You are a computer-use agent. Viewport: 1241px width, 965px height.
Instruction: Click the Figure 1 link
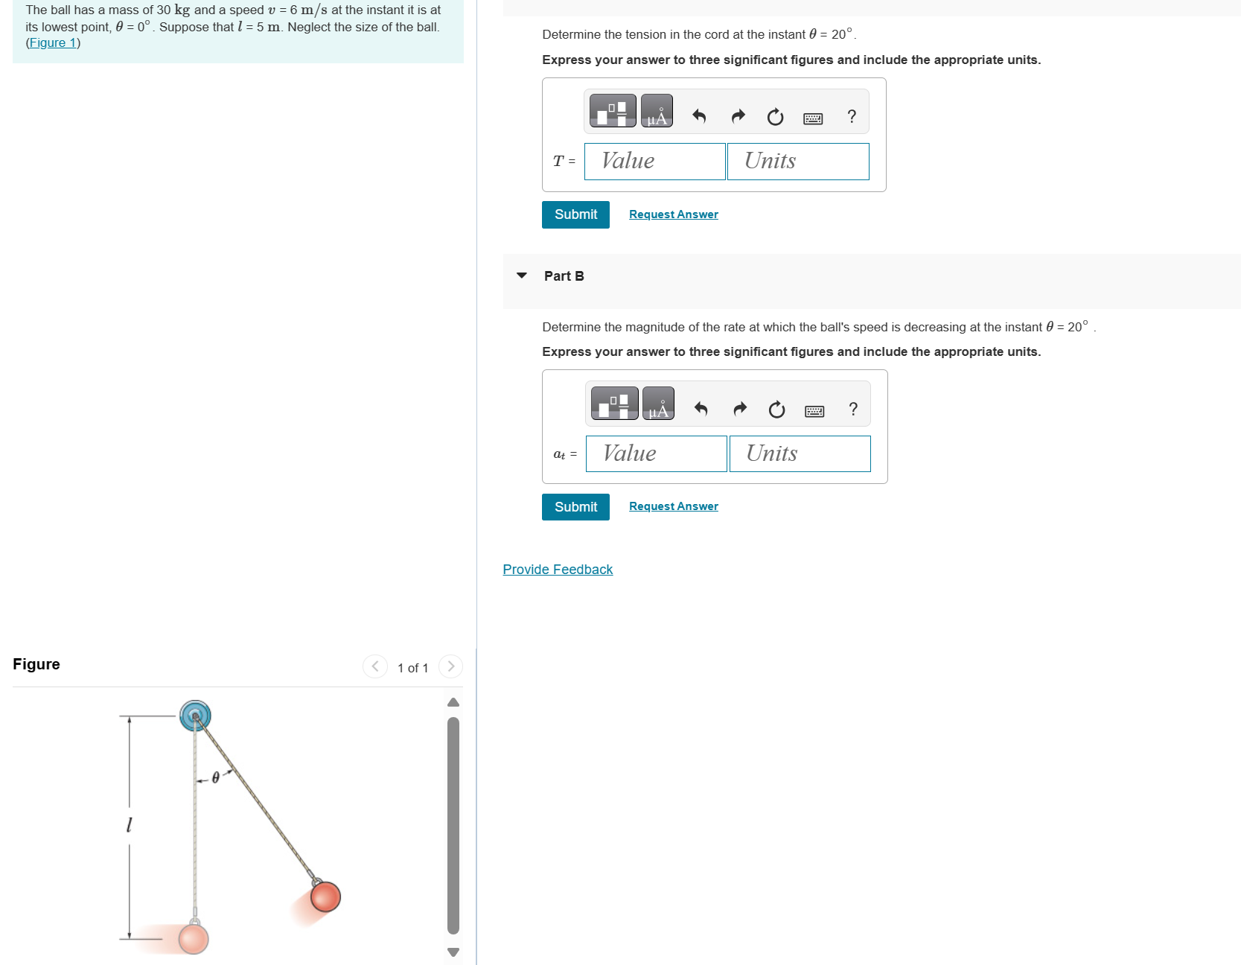pos(52,43)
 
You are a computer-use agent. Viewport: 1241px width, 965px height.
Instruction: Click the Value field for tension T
pos(654,162)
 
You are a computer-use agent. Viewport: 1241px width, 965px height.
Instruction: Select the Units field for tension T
pos(797,162)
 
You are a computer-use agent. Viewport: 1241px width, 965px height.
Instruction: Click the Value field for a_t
pos(656,453)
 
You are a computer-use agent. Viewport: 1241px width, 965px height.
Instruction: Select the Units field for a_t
pos(800,453)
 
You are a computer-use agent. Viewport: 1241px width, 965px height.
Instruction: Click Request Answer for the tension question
pos(673,214)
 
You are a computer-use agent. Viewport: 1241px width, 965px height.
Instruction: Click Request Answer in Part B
pos(673,506)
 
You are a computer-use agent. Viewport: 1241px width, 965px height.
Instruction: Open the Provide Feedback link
pos(558,570)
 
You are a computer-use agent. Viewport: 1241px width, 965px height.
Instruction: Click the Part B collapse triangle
pos(522,276)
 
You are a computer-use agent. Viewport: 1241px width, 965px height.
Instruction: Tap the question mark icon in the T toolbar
pos(852,117)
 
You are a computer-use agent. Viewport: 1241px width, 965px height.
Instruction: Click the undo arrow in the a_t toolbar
pos(701,409)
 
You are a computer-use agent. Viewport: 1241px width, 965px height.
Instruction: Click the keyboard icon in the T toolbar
pos(813,118)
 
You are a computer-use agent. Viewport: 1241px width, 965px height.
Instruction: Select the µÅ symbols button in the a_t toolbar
pos(658,404)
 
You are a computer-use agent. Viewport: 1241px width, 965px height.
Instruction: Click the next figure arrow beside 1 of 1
pos(450,666)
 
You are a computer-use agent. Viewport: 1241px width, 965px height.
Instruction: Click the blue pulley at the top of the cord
pos(195,716)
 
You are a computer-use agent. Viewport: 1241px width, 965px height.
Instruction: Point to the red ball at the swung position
pos(325,896)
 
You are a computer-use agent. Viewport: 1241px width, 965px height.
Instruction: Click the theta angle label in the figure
pos(216,777)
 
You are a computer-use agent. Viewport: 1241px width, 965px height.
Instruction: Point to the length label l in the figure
pos(129,825)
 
